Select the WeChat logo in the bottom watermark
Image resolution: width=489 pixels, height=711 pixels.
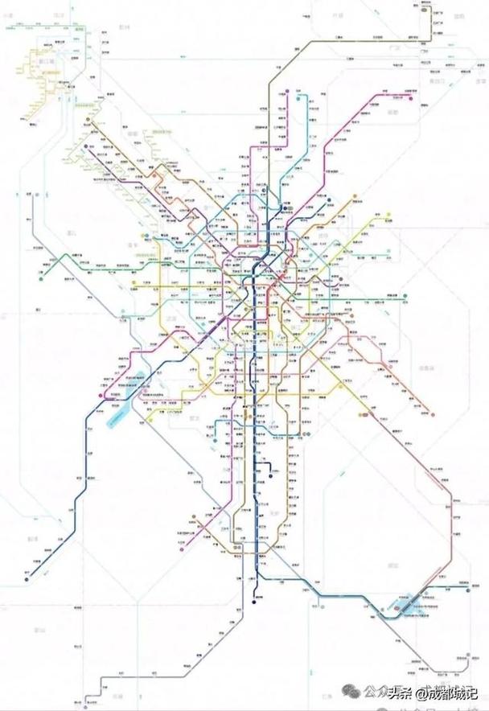[x=368, y=690]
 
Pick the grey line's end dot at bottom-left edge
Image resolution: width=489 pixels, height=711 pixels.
[x=102, y=690]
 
